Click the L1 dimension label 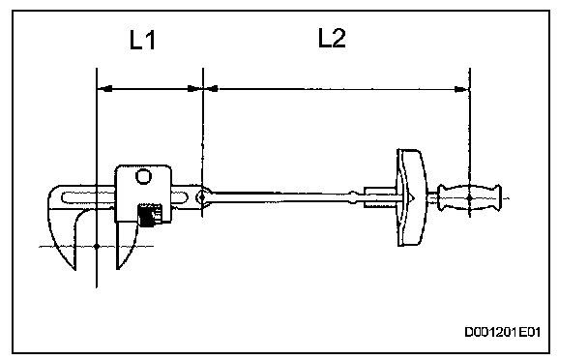click(142, 41)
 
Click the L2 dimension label click(332, 38)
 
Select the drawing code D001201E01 click(502, 332)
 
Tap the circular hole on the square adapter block click(143, 176)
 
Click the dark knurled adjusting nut click(149, 216)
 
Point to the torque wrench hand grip click(470, 197)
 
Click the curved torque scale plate click(411, 197)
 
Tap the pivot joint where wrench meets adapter click(202, 196)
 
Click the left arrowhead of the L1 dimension click(104, 89)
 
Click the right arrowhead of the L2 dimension click(461, 89)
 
